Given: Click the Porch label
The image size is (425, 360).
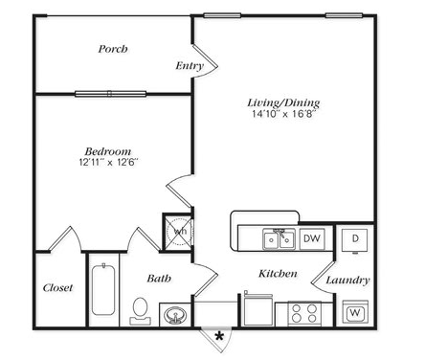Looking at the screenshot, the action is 113,49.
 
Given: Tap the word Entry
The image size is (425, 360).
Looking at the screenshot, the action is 190,66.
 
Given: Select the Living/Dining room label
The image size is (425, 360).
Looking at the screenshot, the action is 283,102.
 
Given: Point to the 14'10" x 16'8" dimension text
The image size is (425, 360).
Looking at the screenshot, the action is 283,114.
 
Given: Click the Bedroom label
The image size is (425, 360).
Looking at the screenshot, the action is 108,151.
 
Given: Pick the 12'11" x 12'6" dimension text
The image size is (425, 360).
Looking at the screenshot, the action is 108,162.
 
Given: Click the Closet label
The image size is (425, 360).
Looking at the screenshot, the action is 57,287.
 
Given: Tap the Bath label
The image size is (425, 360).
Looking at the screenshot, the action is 159,279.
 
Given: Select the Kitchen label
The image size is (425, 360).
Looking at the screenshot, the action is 278,274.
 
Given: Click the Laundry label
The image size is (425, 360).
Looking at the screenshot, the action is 347,281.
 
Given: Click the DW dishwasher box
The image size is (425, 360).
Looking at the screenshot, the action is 312,238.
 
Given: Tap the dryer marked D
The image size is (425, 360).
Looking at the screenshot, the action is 355,239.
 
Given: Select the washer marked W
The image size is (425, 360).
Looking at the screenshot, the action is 355,312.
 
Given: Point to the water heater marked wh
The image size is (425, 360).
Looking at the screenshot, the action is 180,231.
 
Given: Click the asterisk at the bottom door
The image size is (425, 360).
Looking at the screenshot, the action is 219,336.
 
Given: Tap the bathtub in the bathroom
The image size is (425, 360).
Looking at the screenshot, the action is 103,289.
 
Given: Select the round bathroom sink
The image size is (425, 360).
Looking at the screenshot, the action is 175,315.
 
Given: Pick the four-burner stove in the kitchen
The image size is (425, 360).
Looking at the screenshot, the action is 304,313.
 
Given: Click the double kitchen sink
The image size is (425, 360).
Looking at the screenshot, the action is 280,239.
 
